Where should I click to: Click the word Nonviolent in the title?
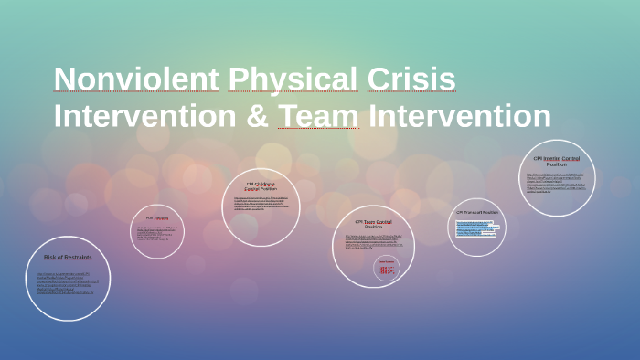point(136,80)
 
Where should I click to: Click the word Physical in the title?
point(293,80)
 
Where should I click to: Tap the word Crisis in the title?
point(411,80)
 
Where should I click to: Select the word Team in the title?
point(318,116)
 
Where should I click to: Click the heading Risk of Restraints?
point(68,258)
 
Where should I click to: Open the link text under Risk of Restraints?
point(67,282)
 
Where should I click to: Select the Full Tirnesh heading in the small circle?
point(157,218)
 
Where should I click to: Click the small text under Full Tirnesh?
point(156,234)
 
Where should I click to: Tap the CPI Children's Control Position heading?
point(261,186)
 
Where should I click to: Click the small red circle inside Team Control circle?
point(388,268)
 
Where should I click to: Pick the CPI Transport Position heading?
point(477,213)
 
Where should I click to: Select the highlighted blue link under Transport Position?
point(476,228)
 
